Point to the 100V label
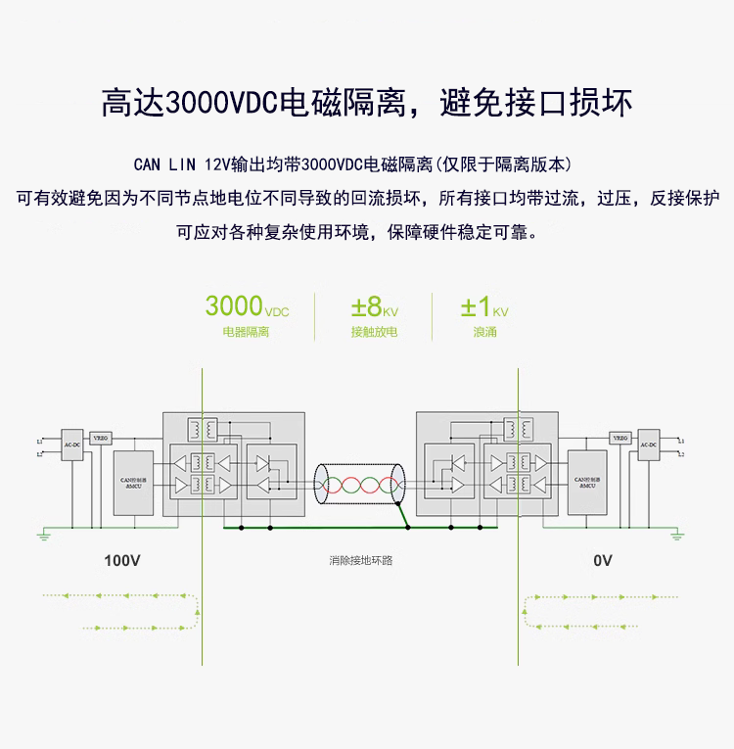point(123,561)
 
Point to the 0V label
point(603,561)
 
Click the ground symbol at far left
point(44,535)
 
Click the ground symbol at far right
point(677,535)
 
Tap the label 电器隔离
point(246,332)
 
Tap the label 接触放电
point(374,332)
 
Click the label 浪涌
point(484,332)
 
